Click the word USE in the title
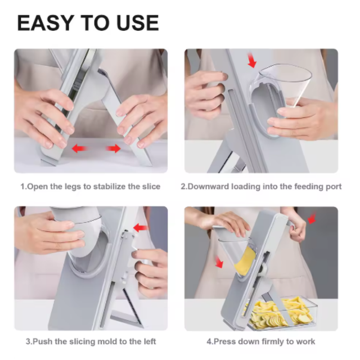(x=137, y=22)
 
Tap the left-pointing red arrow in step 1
(x=79, y=148)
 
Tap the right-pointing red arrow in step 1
(x=113, y=148)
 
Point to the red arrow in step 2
(x=252, y=60)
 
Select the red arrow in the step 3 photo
(x=140, y=228)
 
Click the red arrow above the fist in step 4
(x=312, y=218)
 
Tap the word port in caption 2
(x=334, y=187)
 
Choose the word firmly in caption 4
(x=273, y=341)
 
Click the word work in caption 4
(x=305, y=341)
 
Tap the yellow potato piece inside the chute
(x=245, y=261)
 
